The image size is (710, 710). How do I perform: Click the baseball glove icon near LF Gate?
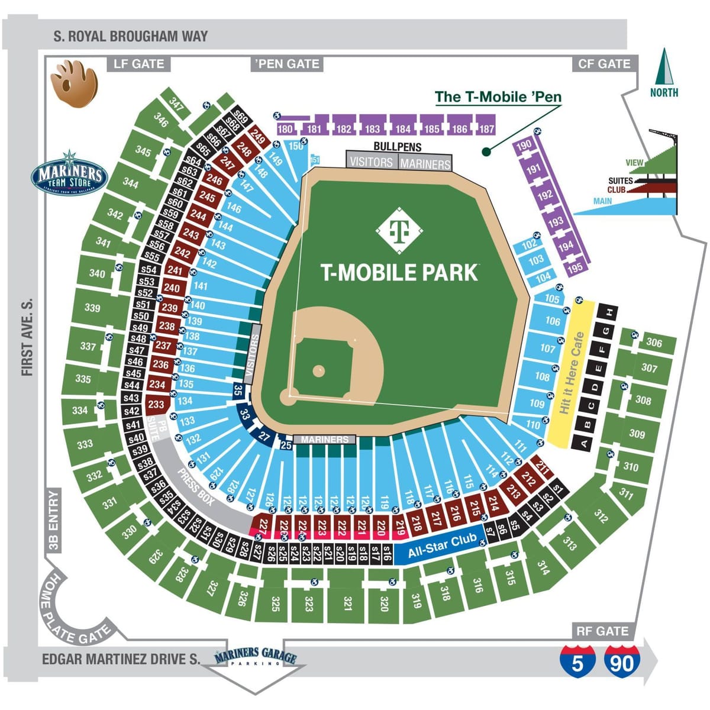[x=73, y=84]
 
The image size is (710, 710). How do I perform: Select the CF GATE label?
[x=603, y=64]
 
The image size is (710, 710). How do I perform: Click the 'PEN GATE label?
[x=287, y=64]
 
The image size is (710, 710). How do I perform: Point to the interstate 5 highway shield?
[x=577, y=660]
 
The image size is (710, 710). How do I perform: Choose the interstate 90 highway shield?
[x=621, y=660]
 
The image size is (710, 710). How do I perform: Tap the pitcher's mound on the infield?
[x=319, y=371]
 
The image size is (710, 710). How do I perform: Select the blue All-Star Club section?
[x=442, y=546]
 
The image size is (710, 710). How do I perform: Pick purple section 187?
[x=486, y=128]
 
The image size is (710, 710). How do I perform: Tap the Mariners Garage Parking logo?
[x=255, y=657]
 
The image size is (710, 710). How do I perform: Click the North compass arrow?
[x=664, y=66]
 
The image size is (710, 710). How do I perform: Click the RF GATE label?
[x=602, y=631]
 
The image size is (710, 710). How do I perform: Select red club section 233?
[x=156, y=405]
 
